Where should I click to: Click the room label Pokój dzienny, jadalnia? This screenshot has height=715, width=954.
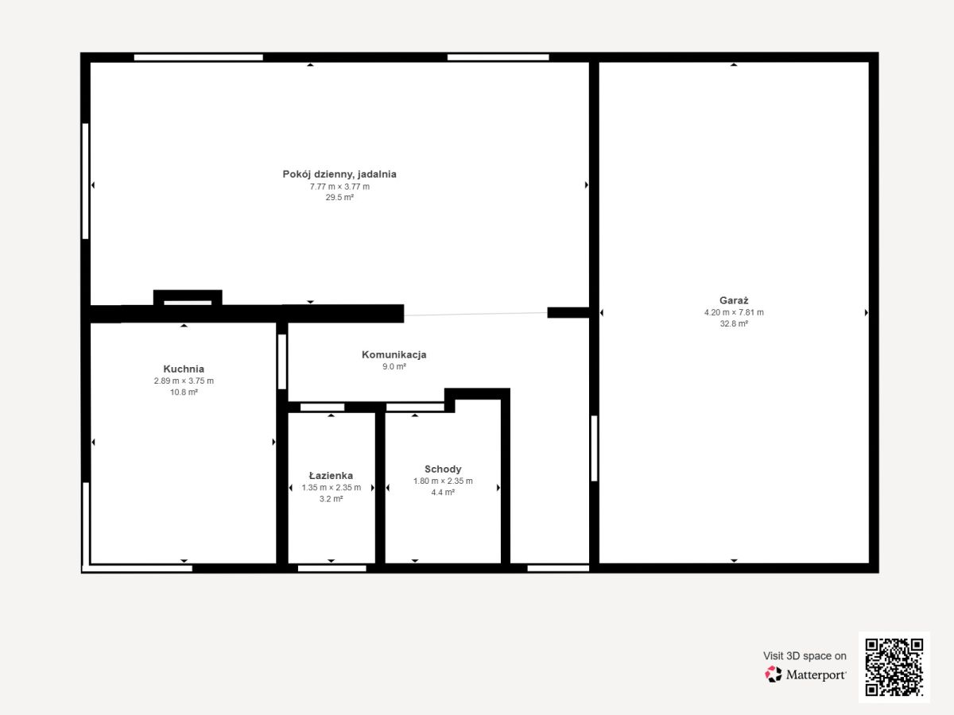click(x=339, y=175)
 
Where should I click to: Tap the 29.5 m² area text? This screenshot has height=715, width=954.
click(x=339, y=198)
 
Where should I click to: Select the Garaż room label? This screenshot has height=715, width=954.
click(x=734, y=300)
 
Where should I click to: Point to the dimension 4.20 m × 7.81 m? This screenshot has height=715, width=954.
click(x=734, y=312)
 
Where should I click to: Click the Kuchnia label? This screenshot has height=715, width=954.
click(x=184, y=369)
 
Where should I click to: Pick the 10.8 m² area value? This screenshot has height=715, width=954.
click(x=184, y=392)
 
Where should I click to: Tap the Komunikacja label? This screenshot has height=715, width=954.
click(x=394, y=354)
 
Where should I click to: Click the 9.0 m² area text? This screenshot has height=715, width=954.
click(x=394, y=367)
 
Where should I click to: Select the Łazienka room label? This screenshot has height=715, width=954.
click(x=331, y=475)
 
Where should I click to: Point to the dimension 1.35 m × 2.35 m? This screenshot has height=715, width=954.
click(x=332, y=488)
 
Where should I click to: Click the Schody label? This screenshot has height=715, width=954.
click(x=443, y=469)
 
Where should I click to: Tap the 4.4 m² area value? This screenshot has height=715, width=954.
click(x=443, y=493)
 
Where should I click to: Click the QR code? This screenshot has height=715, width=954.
click(x=894, y=667)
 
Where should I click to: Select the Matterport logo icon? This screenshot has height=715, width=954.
click(x=774, y=674)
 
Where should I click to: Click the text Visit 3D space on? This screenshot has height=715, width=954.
click(x=805, y=656)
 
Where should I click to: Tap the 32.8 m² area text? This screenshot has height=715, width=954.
click(x=734, y=324)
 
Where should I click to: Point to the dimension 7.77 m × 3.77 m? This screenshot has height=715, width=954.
click(x=339, y=187)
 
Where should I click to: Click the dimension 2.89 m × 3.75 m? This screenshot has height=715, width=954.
click(x=184, y=381)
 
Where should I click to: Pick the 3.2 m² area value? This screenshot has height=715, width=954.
click(x=332, y=499)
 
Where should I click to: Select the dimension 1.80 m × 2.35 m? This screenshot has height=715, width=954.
click(x=443, y=481)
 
